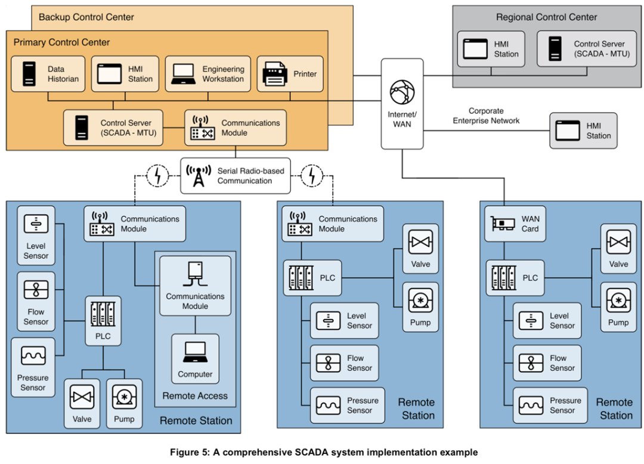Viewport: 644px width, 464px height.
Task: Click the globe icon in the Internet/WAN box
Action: (x=402, y=92)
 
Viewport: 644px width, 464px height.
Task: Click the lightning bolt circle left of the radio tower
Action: (x=157, y=176)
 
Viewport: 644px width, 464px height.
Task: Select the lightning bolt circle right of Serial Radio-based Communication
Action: (x=311, y=176)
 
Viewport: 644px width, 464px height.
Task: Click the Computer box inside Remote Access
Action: (x=195, y=358)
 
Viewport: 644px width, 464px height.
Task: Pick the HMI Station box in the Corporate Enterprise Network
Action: (x=583, y=131)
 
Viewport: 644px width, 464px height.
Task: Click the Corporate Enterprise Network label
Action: (x=486, y=116)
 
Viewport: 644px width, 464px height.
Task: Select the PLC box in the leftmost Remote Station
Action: (x=103, y=321)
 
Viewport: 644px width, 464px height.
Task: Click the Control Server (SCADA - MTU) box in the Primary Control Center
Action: (x=113, y=128)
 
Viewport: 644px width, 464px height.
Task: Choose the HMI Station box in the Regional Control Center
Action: (x=492, y=49)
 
